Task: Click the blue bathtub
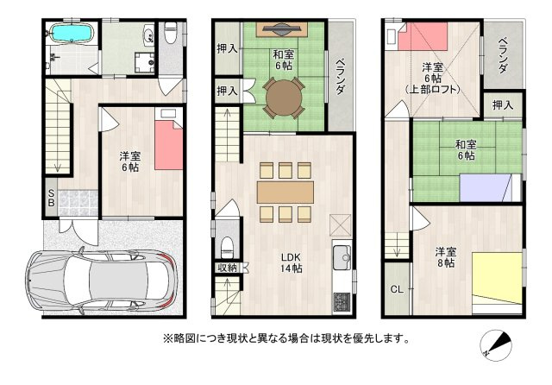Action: point(71,35)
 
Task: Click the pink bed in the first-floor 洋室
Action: point(169,144)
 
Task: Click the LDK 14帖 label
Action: point(290,262)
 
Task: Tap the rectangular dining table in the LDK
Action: point(285,191)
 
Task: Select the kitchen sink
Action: point(342,257)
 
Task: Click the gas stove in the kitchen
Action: point(342,301)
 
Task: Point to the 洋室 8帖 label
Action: point(445,256)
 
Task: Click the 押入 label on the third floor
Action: point(503,104)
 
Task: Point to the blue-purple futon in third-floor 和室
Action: point(486,186)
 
